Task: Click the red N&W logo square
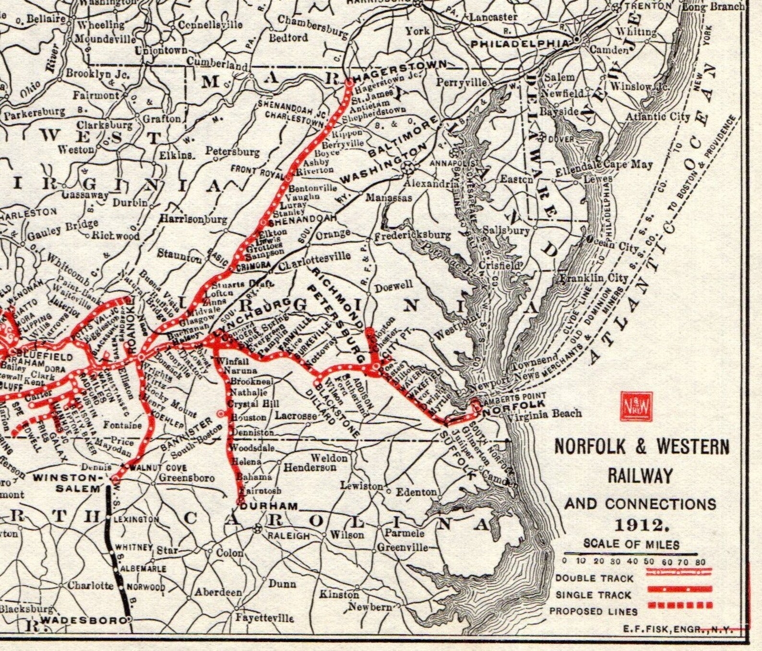(636, 406)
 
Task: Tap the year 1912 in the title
(642, 525)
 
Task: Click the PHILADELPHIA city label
(520, 44)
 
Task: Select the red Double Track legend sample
(679, 571)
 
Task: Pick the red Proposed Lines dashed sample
(679, 605)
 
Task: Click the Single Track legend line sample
(679, 589)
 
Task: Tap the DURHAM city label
(269, 506)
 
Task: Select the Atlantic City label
(657, 117)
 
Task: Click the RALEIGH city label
(288, 535)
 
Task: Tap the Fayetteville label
(264, 618)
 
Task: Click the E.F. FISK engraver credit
(678, 628)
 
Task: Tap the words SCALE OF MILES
(631, 544)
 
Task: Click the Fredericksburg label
(412, 236)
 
